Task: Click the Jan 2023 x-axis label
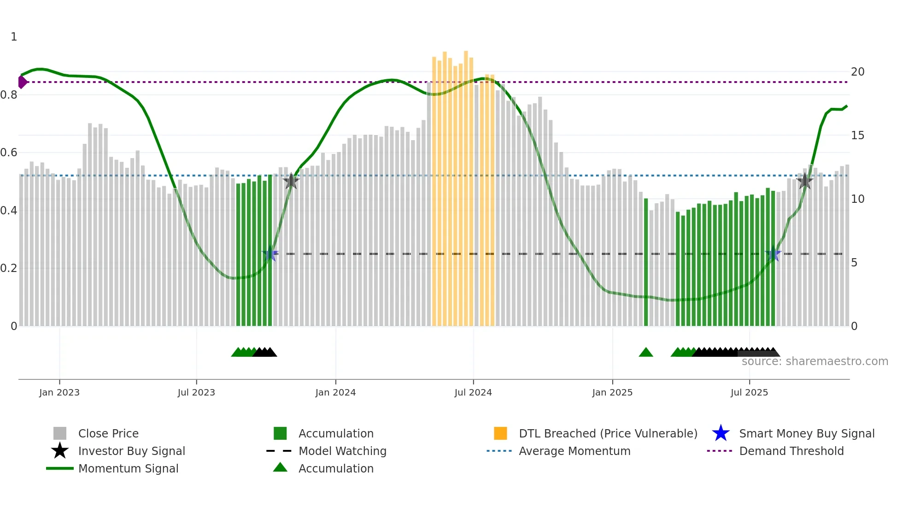coord(59,392)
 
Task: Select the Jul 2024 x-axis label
coord(473,392)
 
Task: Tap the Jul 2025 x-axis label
coord(749,392)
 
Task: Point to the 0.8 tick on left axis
coord(9,95)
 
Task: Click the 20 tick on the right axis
coord(857,72)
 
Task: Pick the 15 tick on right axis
coord(857,136)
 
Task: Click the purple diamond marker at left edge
coord(22,82)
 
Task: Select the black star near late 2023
coord(291,181)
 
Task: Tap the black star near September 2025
coord(804,181)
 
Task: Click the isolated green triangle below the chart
coord(646,353)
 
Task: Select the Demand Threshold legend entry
coord(791,451)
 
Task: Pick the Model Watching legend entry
coord(342,451)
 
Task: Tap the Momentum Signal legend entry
coord(128,468)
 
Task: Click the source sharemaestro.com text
coord(815,361)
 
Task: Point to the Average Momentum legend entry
coord(574,451)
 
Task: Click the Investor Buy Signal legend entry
coord(131,451)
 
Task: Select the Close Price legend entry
coord(108,433)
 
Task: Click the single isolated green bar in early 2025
coord(646,263)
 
